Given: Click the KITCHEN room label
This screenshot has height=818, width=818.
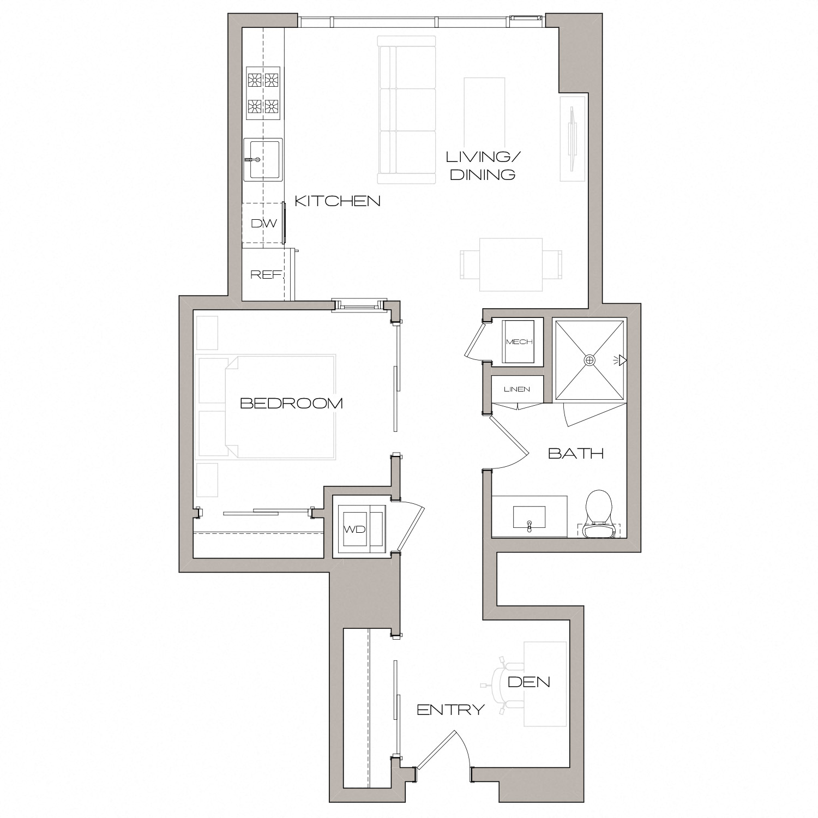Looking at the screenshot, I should point(337,201).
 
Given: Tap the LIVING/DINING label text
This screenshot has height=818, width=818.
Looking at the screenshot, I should point(483,166).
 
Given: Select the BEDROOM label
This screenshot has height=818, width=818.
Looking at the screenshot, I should point(291,404).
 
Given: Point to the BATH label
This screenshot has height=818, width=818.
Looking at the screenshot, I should point(575,453).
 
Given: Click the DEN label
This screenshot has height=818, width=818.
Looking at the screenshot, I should point(528,682).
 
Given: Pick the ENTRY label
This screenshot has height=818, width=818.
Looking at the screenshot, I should point(450,709).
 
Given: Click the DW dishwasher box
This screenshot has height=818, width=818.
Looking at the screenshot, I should point(263,224).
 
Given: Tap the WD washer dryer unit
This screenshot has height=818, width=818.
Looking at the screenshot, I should point(354,529).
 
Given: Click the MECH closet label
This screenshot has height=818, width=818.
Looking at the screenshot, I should point(519,342).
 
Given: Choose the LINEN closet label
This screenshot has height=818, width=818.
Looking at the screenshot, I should point(516,389).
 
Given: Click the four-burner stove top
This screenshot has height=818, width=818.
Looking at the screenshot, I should point(263,93).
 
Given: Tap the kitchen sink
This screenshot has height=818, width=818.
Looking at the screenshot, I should point(263,159).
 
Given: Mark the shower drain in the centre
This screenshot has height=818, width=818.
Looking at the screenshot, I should point(589,360).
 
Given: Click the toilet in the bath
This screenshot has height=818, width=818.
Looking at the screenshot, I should point(598,513).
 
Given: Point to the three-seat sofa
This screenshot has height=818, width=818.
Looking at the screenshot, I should point(407,110).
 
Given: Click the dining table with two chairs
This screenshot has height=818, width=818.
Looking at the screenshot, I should point(511,264).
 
